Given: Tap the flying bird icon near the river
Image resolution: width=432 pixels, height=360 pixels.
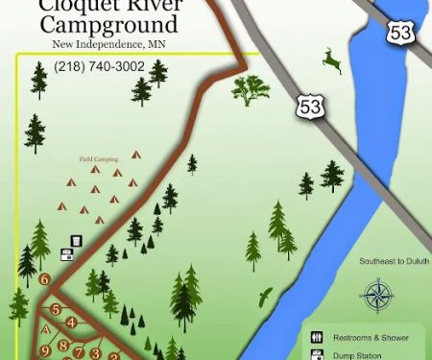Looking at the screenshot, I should [266, 297].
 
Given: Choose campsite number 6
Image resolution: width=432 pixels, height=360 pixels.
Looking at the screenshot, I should [45, 279].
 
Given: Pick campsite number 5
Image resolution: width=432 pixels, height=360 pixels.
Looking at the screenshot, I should [57, 309].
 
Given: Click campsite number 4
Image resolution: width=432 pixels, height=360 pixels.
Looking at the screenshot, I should [71, 324].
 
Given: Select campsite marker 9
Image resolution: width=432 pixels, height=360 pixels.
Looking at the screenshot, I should [44, 350].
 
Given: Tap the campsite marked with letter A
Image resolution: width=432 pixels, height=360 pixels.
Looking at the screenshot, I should [45, 328].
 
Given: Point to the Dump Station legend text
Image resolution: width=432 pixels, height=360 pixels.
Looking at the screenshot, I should [360, 355].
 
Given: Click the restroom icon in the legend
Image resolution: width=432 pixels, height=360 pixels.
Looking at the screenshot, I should [315, 338].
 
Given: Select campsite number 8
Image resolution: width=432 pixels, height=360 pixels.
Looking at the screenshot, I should [63, 345].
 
